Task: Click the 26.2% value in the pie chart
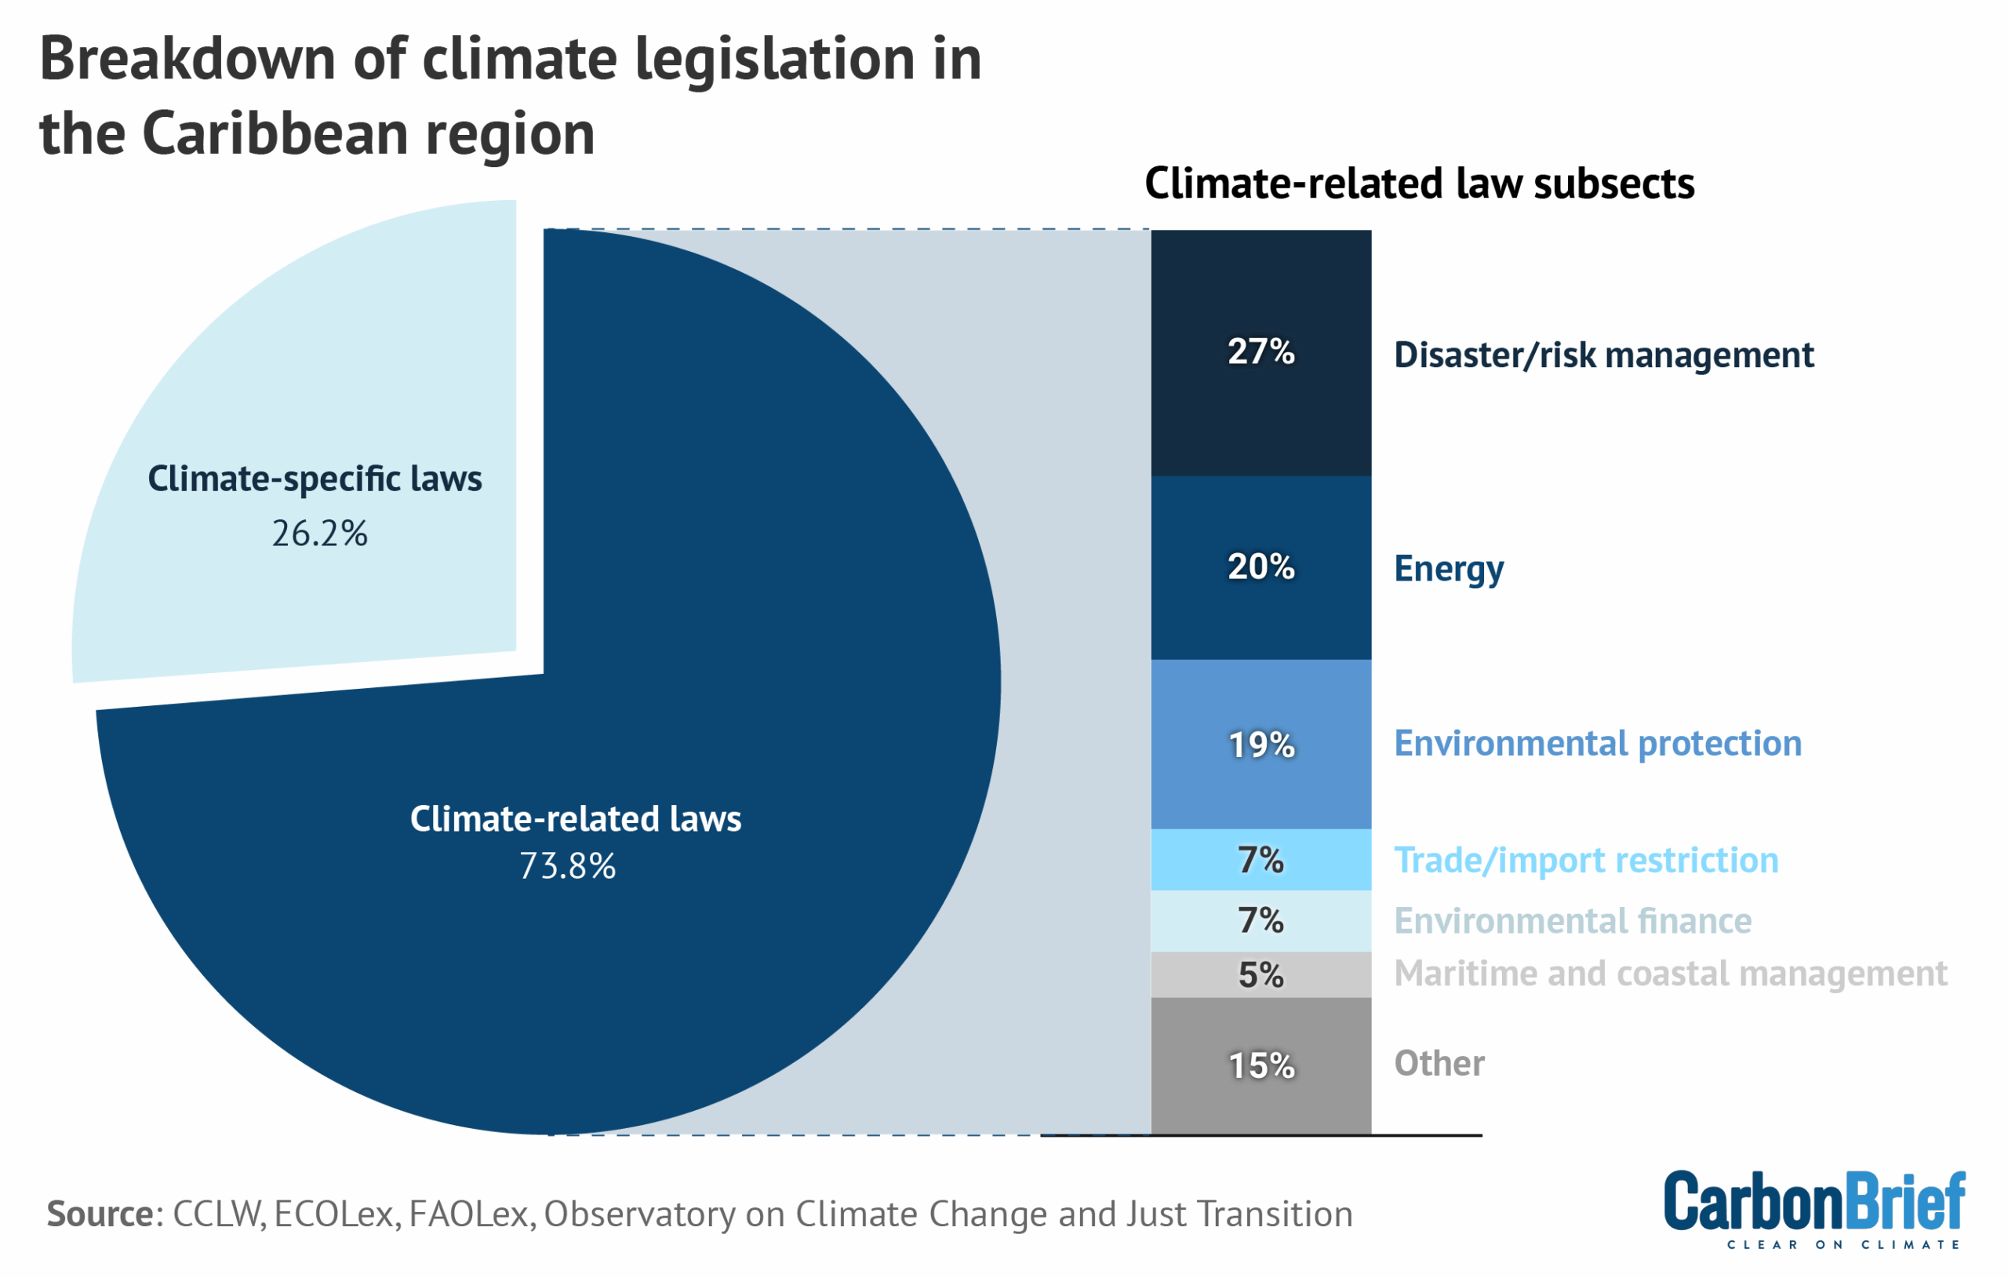pyautogui.click(x=319, y=534)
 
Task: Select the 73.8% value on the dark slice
pyautogui.click(x=567, y=866)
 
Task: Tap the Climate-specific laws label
pyautogui.click(x=315, y=479)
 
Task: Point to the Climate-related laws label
pyautogui.click(x=576, y=818)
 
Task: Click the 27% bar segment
pyautogui.click(x=1260, y=352)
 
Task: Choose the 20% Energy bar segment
pyautogui.click(x=1260, y=567)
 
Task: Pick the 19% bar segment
pyautogui.click(x=1260, y=744)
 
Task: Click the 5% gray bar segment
pyautogui.click(x=1260, y=974)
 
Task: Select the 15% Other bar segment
pyautogui.click(x=1260, y=1065)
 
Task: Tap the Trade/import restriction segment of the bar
pyautogui.click(x=1260, y=859)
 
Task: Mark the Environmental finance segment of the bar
pyautogui.click(x=1260, y=920)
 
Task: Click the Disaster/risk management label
pyautogui.click(x=1602, y=355)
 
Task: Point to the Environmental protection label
pyautogui.click(x=1598, y=743)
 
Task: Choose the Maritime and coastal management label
pyautogui.click(x=1670, y=974)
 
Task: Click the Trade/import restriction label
pyautogui.click(x=1586, y=860)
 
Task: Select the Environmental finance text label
pyautogui.click(x=1573, y=921)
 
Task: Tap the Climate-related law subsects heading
pyautogui.click(x=1419, y=184)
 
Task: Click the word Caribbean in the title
pyautogui.click(x=275, y=133)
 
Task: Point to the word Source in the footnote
pyautogui.click(x=100, y=1214)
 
